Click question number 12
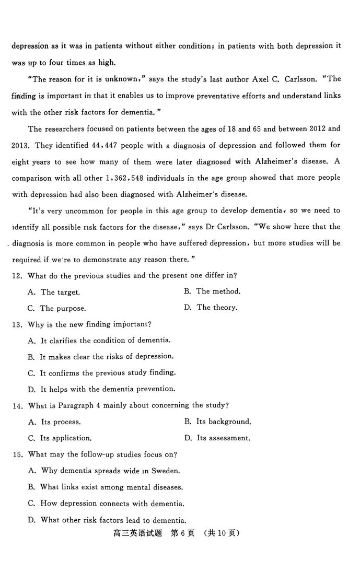tap(17, 275)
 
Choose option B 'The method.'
tap(212, 291)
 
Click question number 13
tap(17, 324)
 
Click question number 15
tap(17, 454)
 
